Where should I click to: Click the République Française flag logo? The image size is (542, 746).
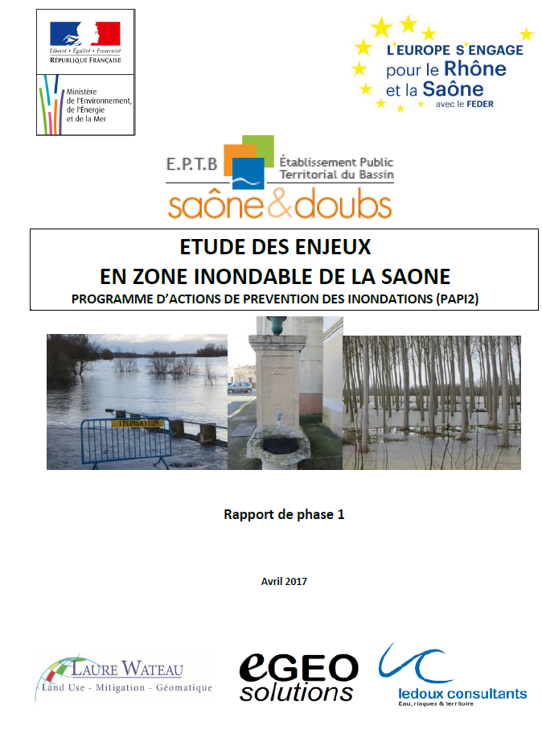84,35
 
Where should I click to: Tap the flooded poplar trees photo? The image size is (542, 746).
432,402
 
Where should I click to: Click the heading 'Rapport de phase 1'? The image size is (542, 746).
284,514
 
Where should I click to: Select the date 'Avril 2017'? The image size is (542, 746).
284,581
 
